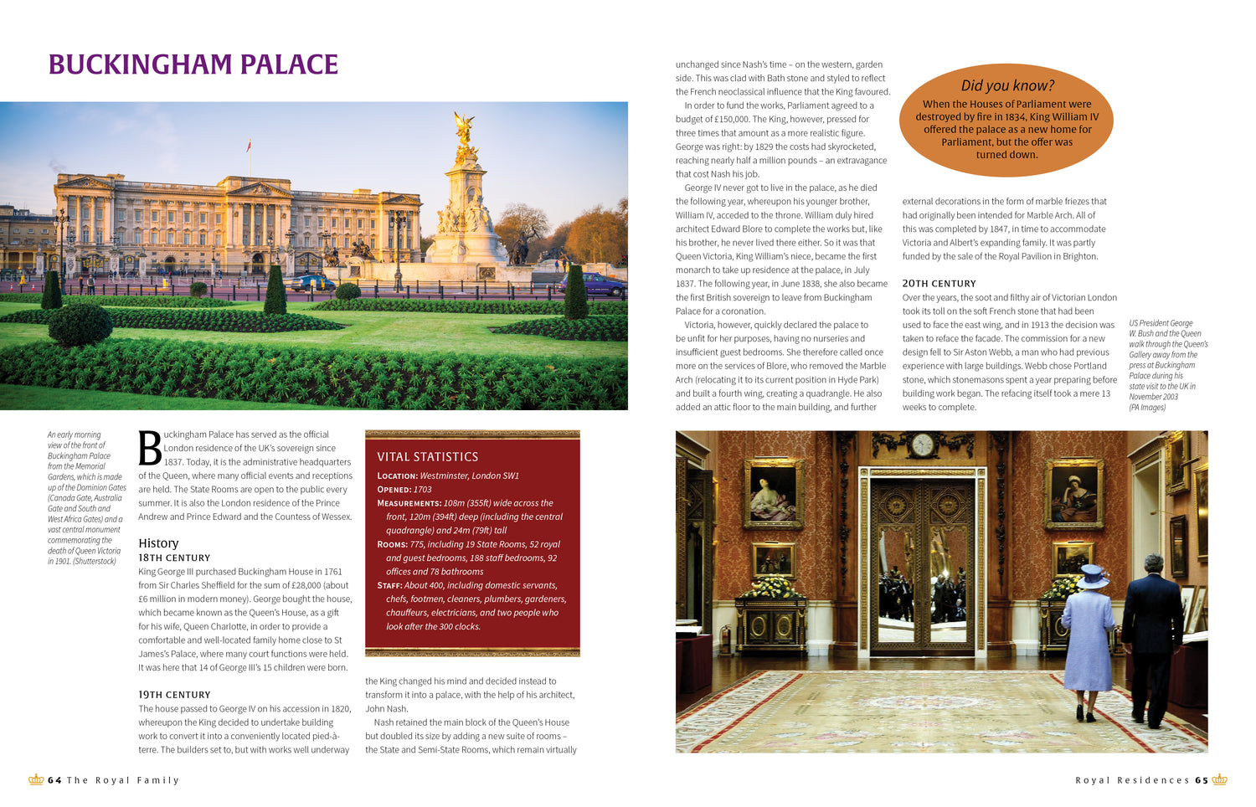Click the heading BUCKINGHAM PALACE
point(193,64)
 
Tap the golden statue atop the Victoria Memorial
point(464,134)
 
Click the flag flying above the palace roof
point(250,146)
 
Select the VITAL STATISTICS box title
point(427,457)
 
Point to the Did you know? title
point(1007,85)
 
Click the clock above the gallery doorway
point(923,445)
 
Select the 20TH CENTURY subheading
point(939,284)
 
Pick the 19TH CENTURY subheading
point(174,695)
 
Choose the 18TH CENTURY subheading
point(174,558)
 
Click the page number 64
point(54,780)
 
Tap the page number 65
point(1202,780)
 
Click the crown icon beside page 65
point(1220,779)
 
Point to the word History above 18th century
point(158,543)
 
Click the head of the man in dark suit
point(1154,564)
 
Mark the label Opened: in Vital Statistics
point(394,490)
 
